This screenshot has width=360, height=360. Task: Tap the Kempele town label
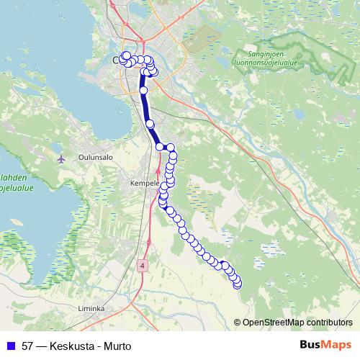143,183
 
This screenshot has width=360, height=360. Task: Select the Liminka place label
91,308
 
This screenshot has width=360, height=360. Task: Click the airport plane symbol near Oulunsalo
61,158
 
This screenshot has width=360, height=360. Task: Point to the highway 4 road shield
143,266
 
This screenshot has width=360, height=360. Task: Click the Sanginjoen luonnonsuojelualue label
270,58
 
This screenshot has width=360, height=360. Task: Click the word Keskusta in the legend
71,346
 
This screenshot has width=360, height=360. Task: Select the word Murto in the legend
117,346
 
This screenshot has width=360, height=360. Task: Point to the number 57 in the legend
29,346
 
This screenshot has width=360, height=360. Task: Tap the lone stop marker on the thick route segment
143,90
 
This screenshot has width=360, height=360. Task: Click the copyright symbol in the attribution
237,323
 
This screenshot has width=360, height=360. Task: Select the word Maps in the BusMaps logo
336,346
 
